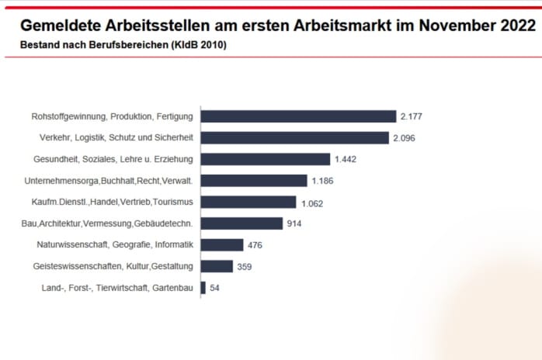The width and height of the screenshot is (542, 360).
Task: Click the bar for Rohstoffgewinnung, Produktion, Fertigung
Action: click(298, 116)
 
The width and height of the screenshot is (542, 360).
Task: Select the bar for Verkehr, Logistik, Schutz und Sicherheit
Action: click(294, 138)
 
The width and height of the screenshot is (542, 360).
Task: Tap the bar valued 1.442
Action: click(266, 159)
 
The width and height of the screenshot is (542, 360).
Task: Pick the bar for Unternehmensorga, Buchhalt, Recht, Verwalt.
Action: click(254, 181)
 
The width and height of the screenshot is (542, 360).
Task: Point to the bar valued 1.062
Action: click(248, 202)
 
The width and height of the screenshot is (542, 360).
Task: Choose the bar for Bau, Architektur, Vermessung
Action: click(241, 223)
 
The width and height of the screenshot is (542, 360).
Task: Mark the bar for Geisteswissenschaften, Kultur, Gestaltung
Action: click(217, 266)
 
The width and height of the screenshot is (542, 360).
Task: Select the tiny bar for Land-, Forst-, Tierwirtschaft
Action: click(203, 288)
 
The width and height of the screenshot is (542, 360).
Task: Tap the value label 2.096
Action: click(404, 138)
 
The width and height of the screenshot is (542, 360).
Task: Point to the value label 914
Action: click(294, 223)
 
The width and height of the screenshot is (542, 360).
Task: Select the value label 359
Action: click(244, 267)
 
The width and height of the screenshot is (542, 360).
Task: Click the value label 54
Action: click(215, 288)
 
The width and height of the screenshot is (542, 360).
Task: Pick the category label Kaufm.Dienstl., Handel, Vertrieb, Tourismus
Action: click(108, 202)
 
